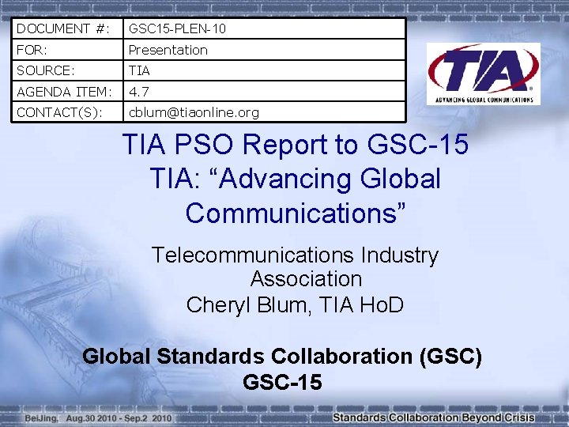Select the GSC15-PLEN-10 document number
[x=178, y=28]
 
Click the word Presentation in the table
[x=168, y=50]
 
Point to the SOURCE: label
[x=46, y=70]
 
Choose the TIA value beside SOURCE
[x=139, y=70]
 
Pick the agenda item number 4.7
[x=138, y=92]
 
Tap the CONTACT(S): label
[x=58, y=112]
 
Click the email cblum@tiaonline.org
[x=194, y=112]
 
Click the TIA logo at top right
[x=483, y=74]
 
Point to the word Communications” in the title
[x=296, y=212]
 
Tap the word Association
[x=306, y=279]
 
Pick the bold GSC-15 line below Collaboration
[x=283, y=383]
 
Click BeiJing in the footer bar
[x=41, y=417]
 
